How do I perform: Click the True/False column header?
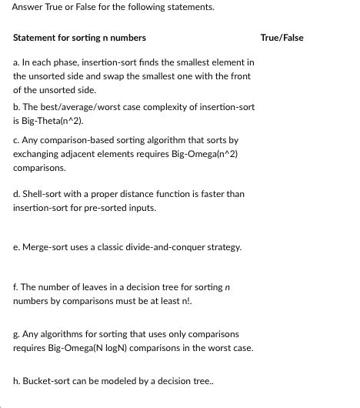pos(282,37)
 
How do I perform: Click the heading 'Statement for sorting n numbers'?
pos(79,37)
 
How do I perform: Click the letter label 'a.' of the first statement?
pos(17,62)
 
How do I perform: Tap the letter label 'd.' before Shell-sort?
pos(17,194)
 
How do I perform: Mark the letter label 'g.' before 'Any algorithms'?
pos(17,335)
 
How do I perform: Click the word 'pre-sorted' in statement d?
pos(92,208)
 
